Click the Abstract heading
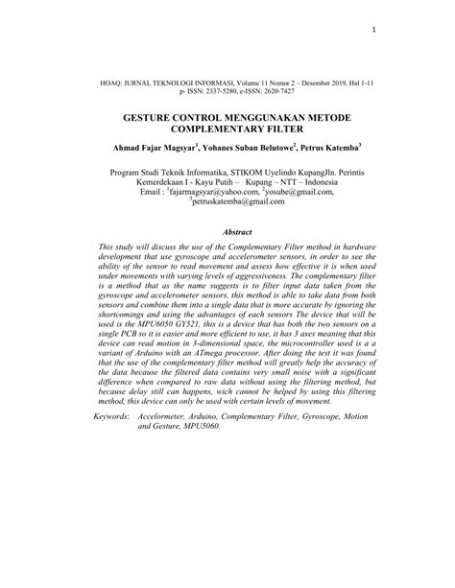[236, 232]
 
